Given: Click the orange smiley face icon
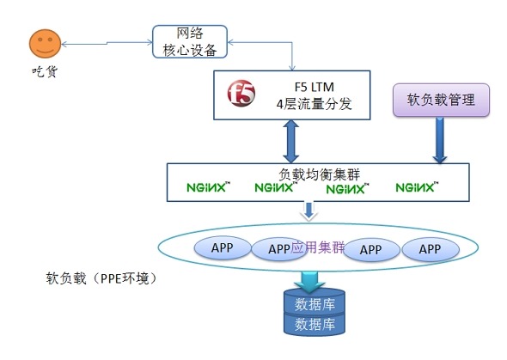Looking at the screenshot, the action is click(x=45, y=44).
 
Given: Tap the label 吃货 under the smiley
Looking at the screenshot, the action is click(x=45, y=71).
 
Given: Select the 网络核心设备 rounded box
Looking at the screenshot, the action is click(x=190, y=42).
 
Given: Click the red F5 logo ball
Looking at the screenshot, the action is click(x=241, y=93).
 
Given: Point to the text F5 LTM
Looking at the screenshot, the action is click(x=314, y=87).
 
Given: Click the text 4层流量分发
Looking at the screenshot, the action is click(x=314, y=104).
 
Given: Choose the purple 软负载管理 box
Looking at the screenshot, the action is click(x=441, y=100).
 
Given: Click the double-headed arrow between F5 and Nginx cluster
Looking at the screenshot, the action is click(x=291, y=142).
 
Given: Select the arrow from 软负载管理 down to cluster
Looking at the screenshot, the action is click(x=440, y=140).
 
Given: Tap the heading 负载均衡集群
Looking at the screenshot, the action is click(x=319, y=174).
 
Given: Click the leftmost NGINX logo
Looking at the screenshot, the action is click(x=208, y=187).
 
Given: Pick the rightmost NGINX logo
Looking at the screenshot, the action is click(x=417, y=187).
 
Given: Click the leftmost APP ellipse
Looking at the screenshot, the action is click(x=223, y=247).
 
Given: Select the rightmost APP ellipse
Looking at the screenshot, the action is click(x=431, y=249).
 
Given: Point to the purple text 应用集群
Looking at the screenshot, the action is click(x=318, y=247).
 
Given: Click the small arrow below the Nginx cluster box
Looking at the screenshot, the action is click(x=308, y=211).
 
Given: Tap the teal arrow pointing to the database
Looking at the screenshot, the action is click(x=309, y=282).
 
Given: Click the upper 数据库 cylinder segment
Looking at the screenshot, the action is click(x=315, y=302).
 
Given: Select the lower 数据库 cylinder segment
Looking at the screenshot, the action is click(x=315, y=324).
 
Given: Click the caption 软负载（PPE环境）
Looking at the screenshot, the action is click(x=102, y=278).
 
